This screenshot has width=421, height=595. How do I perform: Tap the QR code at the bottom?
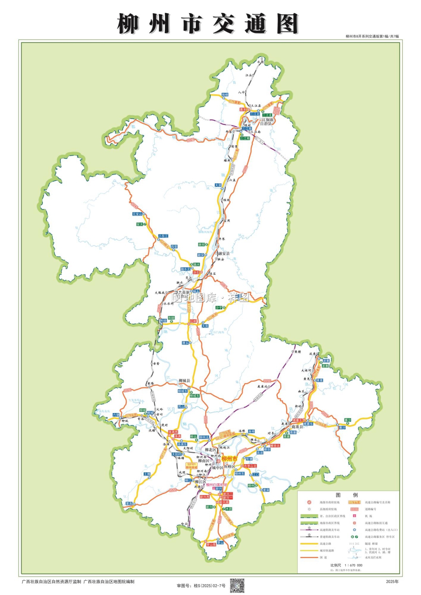237,585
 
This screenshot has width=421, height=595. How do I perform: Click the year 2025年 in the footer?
392,582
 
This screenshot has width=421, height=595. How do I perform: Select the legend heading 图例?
347,495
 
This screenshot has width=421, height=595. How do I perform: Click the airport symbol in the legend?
354,516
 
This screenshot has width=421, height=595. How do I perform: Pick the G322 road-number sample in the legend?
354,509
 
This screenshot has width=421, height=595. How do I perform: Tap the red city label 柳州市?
229,459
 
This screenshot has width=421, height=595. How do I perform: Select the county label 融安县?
224,253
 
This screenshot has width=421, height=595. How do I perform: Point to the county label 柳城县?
184,381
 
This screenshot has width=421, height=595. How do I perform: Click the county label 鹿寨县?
297,427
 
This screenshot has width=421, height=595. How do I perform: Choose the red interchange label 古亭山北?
250,466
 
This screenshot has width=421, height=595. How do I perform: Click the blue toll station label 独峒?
225,95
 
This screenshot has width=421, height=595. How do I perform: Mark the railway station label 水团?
260,62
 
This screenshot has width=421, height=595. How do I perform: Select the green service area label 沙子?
219,308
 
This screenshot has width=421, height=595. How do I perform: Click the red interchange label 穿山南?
211,545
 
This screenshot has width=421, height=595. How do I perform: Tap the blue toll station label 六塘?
116,415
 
